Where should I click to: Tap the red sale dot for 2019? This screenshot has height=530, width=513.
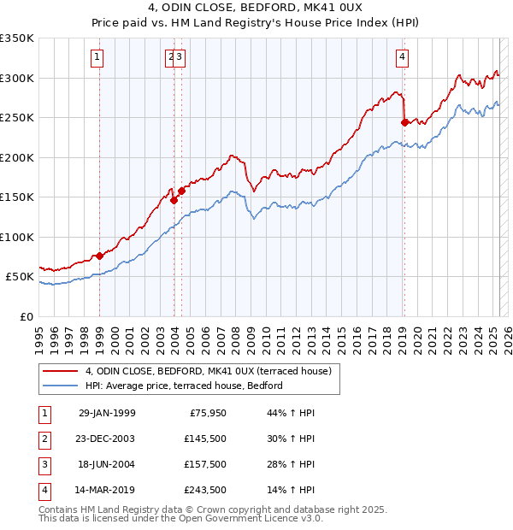tap(404, 122)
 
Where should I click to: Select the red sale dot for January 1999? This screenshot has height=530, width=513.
tap(100, 256)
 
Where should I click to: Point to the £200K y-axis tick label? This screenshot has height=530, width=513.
tap(17, 157)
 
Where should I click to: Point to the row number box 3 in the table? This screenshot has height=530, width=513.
tap(44, 464)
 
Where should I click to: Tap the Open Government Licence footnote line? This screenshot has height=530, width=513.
tap(180, 518)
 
